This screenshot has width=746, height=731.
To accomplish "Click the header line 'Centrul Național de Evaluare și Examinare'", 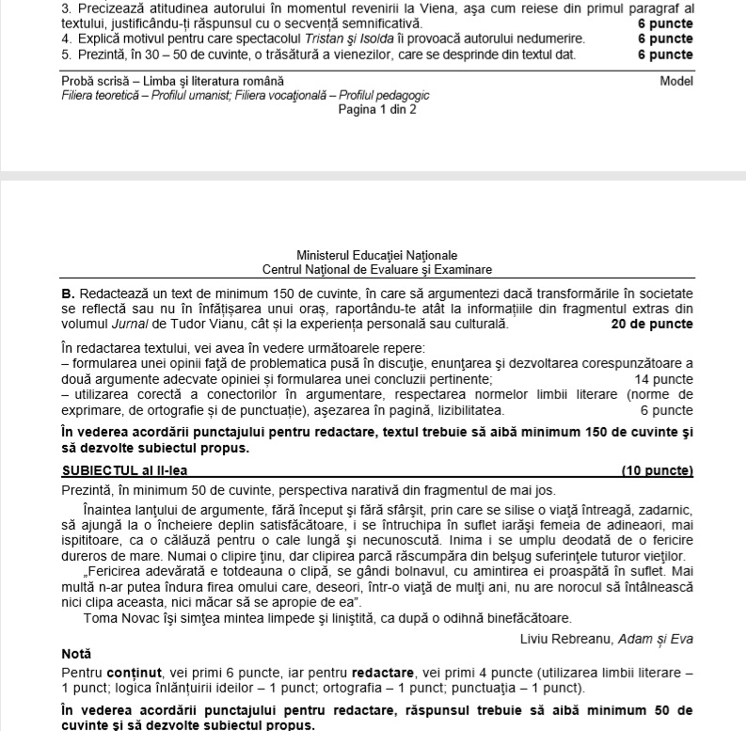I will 376,269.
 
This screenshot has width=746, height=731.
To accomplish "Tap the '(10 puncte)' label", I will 657,470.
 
